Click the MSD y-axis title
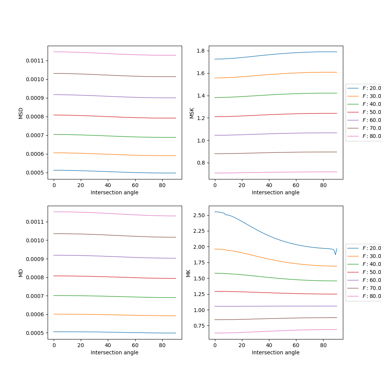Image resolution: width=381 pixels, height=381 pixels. tap(21, 113)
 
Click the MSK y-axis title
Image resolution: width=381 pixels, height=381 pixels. tap(192, 113)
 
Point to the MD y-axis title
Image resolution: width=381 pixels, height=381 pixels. tap(21, 273)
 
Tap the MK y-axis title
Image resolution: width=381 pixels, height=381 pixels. tap(188, 273)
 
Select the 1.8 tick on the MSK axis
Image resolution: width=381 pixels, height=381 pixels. tap(201, 51)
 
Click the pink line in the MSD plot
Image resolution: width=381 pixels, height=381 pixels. tap(114, 53)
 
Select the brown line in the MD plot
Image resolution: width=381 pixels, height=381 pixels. tap(114, 235)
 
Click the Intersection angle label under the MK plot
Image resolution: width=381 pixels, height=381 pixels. tap(275, 352)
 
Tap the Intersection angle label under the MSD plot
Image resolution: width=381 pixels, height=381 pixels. tap(114, 192)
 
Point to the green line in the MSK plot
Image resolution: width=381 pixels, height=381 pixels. tap(274, 94)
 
